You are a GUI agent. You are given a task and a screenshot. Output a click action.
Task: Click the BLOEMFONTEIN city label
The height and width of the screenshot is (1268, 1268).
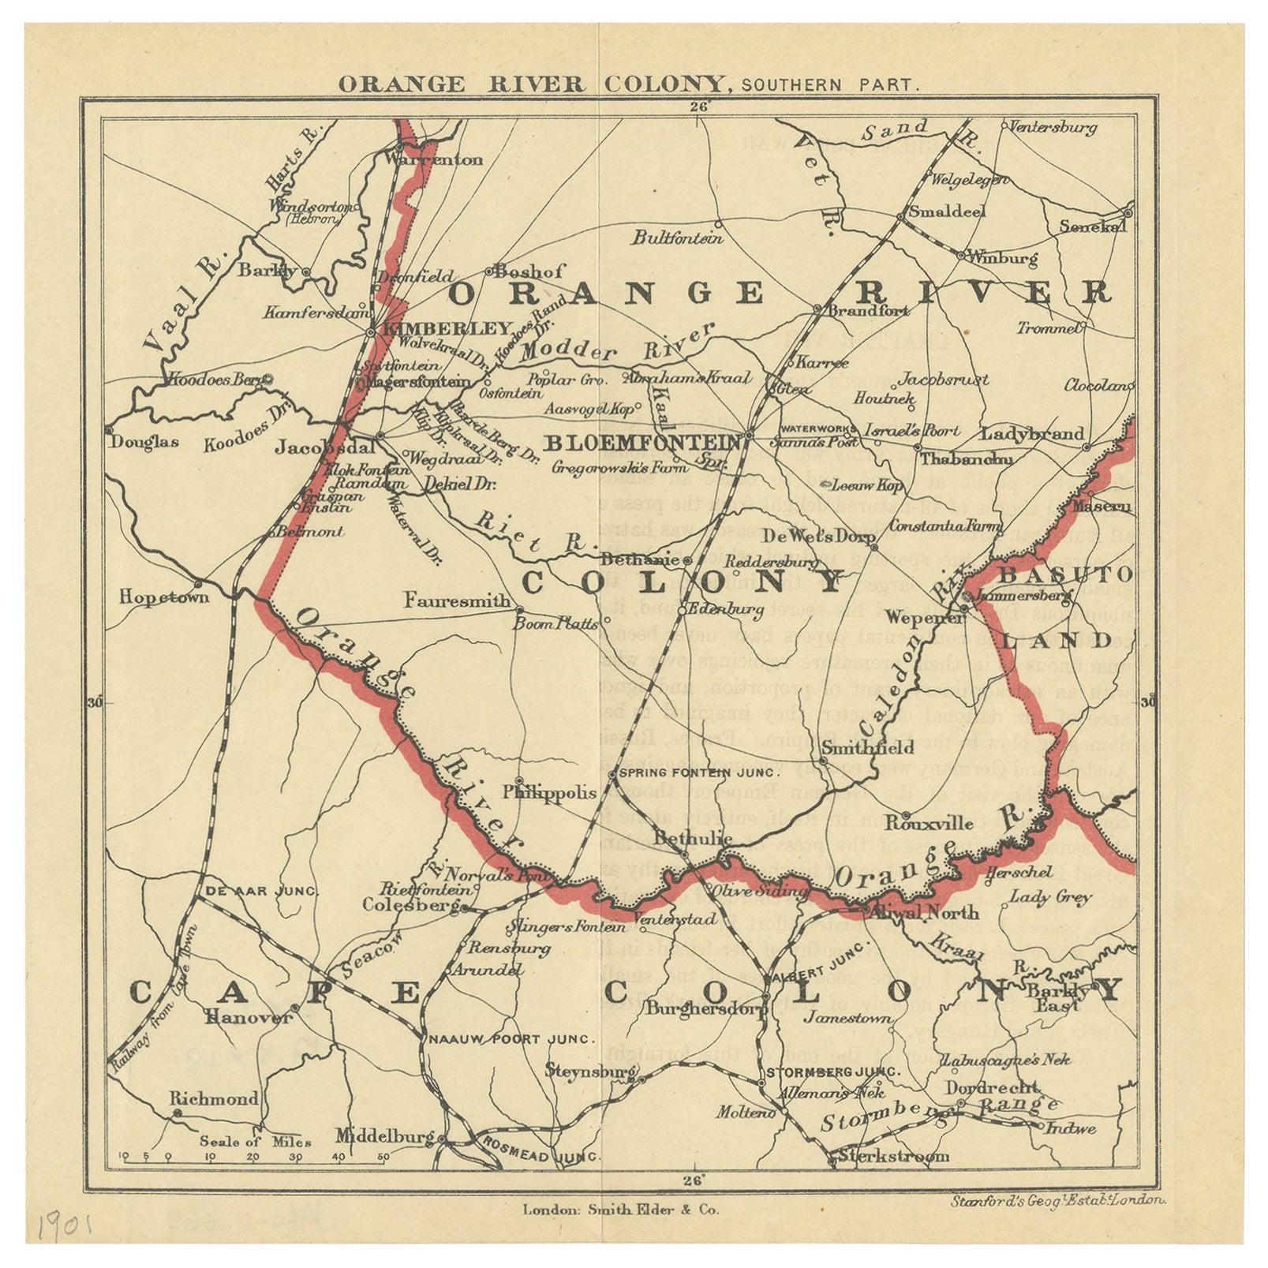[x=643, y=443]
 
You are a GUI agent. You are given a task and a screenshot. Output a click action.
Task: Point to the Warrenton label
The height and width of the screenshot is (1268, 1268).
[x=434, y=159]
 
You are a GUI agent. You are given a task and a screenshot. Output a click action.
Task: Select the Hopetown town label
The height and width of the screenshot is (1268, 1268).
[x=164, y=597]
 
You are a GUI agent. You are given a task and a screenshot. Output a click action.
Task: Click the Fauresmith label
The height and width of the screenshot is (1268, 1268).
[x=457, y=600]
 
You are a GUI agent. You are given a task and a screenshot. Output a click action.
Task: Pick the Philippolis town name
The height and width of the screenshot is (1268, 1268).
[x=549, y=792]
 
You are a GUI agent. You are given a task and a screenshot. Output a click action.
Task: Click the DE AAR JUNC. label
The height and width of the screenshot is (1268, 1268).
[x=261, y=891]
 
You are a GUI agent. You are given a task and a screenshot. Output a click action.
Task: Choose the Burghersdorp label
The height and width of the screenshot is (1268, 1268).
[x=706, y=1008]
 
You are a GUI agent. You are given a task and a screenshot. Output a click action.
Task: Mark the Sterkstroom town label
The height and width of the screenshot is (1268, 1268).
[x=893, y=1157]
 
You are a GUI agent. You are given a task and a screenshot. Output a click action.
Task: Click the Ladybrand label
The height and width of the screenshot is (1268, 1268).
[x=1032, y=434]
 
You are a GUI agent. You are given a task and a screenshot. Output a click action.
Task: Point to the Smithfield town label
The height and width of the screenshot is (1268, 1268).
[x=868, y=746]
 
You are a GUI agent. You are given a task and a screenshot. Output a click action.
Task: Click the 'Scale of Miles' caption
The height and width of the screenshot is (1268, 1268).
[x=255, y=1141]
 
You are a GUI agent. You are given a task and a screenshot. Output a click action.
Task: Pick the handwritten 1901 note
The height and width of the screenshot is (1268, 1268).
[x=65, y=1228]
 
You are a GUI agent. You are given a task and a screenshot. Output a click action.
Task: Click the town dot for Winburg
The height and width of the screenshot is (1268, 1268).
[x=960, y=255]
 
